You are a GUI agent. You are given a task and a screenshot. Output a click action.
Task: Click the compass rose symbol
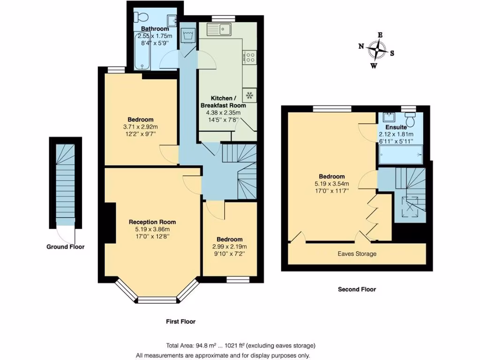tap(377, 49)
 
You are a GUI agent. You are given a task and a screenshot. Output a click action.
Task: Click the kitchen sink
tap(220, 30)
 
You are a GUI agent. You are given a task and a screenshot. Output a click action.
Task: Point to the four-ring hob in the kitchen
tap(249, 58)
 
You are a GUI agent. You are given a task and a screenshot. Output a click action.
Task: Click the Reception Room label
tap(152, 222)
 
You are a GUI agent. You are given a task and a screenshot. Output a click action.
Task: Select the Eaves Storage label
tap(357, 254)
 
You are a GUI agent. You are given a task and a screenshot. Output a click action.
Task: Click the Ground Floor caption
tap(65, 247)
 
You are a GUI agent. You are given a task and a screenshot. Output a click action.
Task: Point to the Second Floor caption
tap(357, 289)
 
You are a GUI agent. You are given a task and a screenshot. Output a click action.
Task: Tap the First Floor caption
tap(180, 322)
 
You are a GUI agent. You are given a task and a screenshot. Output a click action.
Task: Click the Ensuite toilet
tap(411, 121)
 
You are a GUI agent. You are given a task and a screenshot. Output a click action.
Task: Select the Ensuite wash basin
tap(388, 117)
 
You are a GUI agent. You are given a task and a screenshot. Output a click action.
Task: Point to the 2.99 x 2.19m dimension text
tap(230, 247)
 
